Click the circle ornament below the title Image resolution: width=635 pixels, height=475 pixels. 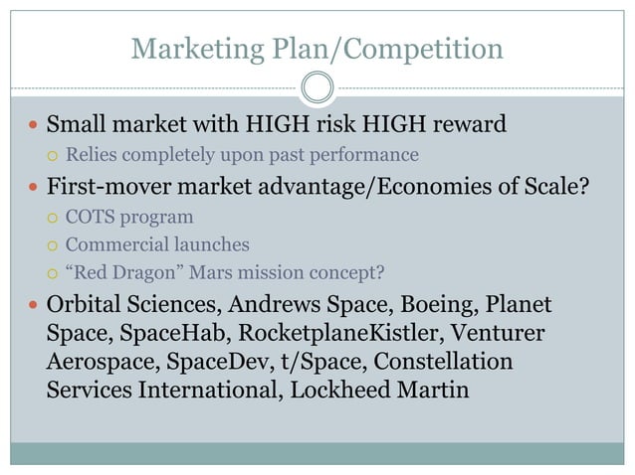click(x=317, y=87)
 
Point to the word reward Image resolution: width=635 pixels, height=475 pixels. click(x=464, y=125)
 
